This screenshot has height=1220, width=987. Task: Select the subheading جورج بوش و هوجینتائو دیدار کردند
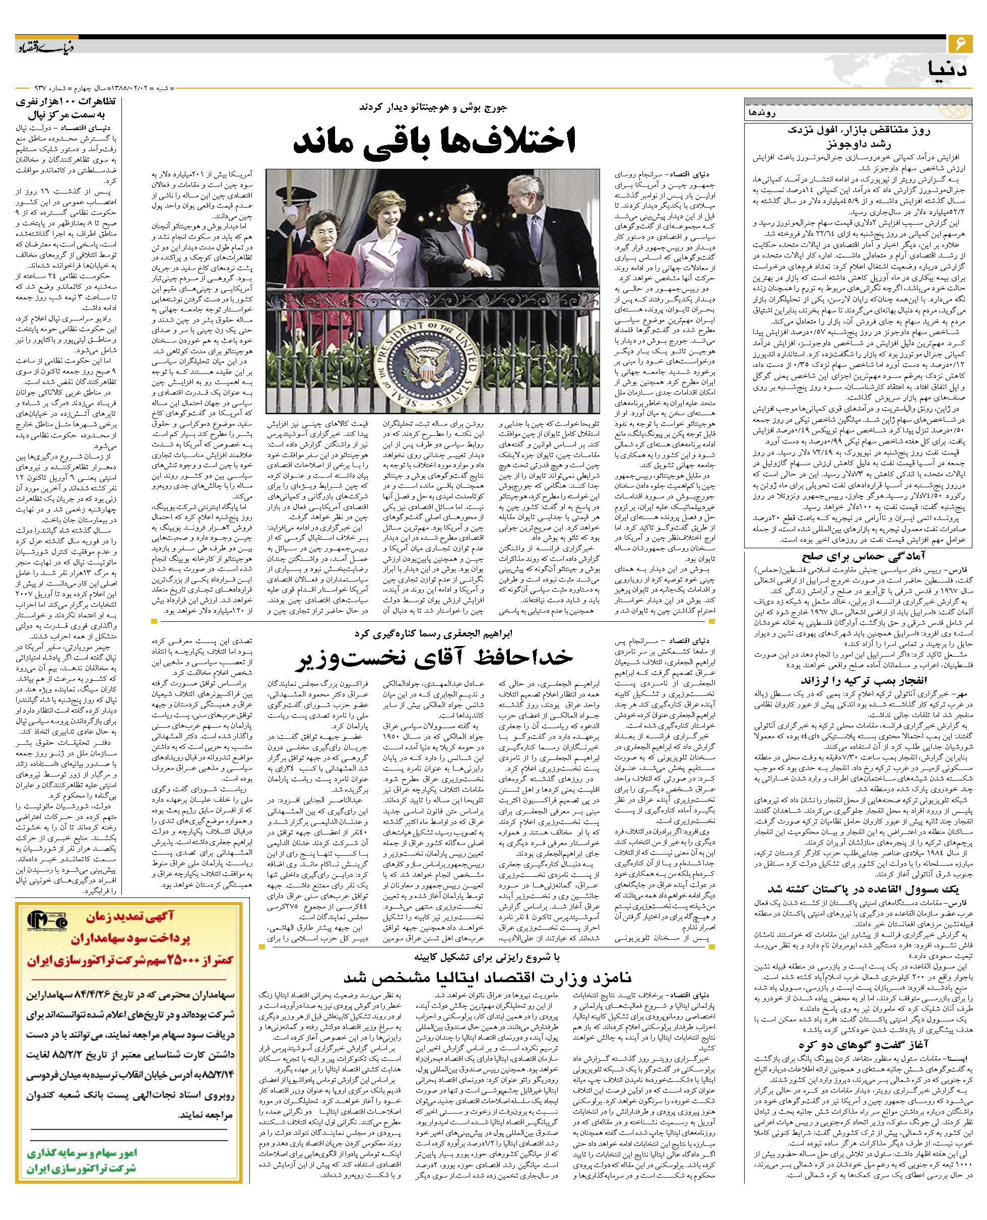coord(435,106)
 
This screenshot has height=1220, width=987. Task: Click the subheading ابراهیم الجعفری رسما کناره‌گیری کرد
coord(435,632)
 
